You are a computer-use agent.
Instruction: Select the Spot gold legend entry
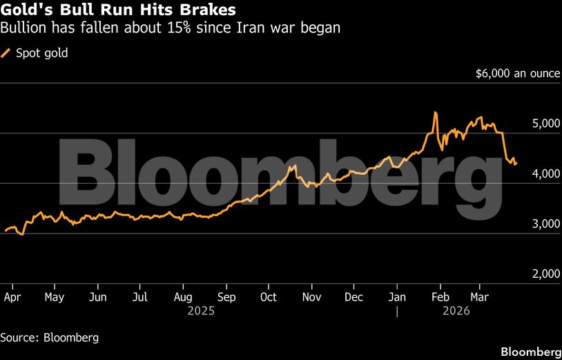click(40, 53)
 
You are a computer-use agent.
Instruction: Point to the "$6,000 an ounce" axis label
click(518, 73)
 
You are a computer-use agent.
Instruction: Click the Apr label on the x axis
click(12, 297)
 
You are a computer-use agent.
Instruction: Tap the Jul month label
click(139, 297)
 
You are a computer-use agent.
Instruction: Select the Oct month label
click(268, 297)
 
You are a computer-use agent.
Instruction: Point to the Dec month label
click(353, 297)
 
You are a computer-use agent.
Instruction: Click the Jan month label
click(396, 297)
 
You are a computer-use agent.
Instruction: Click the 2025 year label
click(201, 312)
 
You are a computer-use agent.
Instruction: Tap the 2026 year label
click(456, 312)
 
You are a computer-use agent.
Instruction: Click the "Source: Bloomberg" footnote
click(49, 338)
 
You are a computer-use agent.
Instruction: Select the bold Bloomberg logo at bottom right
click(530, 352)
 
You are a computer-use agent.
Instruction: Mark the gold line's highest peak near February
click(435, 113)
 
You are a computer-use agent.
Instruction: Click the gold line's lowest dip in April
click(22, 235)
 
